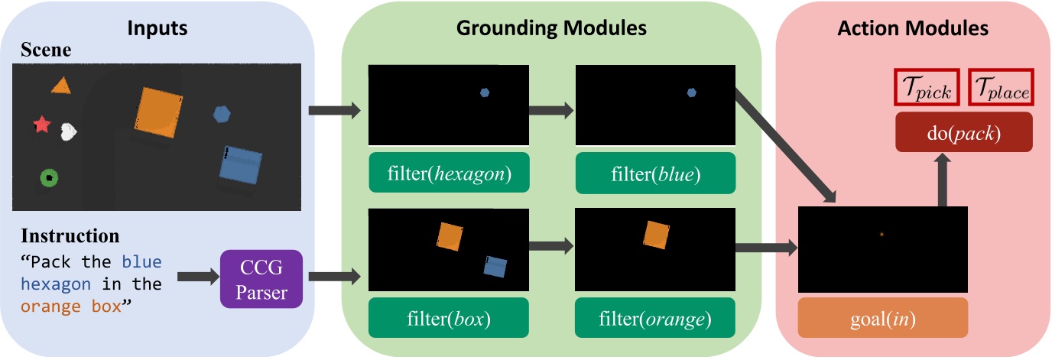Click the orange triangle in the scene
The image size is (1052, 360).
pyautogui.click(x=61, y=86)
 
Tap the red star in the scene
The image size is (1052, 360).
pyautogui.click(x=42, y=124)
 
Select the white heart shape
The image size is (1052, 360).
pyautogui.click(x=69, y=132)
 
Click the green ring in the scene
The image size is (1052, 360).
pyautogui.click(x=50, y=178)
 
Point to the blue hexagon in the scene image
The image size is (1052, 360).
pyautogui.click(x=222, y=114)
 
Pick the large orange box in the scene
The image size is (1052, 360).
pyautogui.click(x=159, y=112)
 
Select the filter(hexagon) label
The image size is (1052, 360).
pyautogui.click(x=449, y=173)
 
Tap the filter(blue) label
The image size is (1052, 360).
pyautogui.click(x=655, y=173)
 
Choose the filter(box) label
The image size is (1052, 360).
pyautogui.click(x=449, y=318)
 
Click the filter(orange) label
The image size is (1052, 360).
pyautogui.click(x=655, y=318)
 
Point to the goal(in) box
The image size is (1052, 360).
pyautogui.click(x=883, y=318)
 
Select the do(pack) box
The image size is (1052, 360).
pyautogui.click(x=964, y=132)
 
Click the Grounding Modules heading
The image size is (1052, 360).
pyautogui.click(x=550, y=29)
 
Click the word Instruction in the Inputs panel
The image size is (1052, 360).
pyautogui.click(x=70, y=235)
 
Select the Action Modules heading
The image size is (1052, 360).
pyautogui.click(x=913, y=29)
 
